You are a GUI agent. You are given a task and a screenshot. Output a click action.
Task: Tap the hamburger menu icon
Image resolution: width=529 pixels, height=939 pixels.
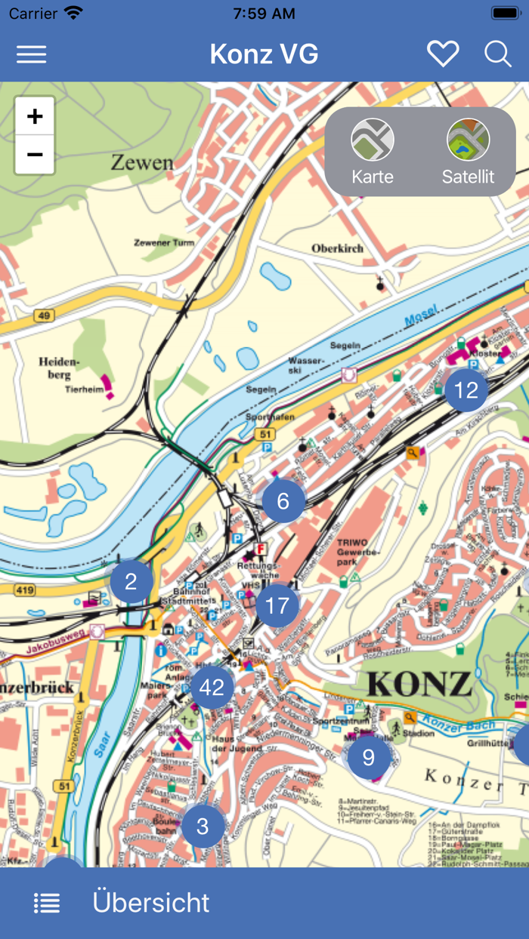pyautogui.click(x=32, y=54)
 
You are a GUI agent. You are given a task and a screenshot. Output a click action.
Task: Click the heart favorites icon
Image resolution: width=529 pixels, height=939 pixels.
pyautogui.click(x=443, y=54)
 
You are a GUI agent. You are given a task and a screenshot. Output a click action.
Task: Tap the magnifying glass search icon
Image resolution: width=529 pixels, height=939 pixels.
pyautogui.click(x=498, y=54)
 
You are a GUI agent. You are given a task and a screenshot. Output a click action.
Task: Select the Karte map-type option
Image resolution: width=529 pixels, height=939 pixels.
pyautogui.click(x=373, y=152)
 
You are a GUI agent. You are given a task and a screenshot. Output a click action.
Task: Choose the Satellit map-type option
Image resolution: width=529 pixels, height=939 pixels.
pyautogui.click(x=468, y=152)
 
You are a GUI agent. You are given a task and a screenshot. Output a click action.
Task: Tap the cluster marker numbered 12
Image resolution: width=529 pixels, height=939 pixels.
pyautogui.click(x=466, y=390)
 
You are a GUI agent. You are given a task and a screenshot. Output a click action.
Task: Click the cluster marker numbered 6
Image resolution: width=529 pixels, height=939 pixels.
pyautogui.click(x=283, y=501)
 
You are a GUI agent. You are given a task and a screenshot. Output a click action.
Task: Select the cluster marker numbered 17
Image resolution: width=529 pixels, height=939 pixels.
pyautogui.click(x=277, y=605)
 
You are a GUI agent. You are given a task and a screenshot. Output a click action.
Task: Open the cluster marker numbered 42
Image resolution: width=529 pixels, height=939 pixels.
pyautogui.click(x=212, y=688)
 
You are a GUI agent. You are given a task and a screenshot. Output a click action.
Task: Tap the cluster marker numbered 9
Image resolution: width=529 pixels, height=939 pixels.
pyautogui.click(x=368, y=757)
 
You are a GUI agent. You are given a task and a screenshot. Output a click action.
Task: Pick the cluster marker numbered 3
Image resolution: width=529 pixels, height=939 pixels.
pyautogui.click(x=203, y=826)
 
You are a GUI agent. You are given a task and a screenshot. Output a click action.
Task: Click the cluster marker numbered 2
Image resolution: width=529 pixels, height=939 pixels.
pyautogui.click(x=131, y=582)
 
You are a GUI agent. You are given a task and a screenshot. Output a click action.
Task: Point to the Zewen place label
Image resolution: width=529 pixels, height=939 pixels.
pyautogui.click(x=142, y=162)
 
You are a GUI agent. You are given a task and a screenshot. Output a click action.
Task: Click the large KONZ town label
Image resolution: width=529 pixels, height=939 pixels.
pyautogui.click(x=419, y=684)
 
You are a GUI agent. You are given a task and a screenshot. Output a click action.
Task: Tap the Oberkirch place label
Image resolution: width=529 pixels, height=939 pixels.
pyautogui.click(x=337, y=248)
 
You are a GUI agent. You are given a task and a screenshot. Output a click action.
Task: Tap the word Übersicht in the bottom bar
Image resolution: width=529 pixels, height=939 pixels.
pyautogui.click(x=151, y=903)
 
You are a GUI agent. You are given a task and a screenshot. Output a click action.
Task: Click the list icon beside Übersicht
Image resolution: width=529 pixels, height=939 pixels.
pyautogui.click(x=47, y=903)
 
